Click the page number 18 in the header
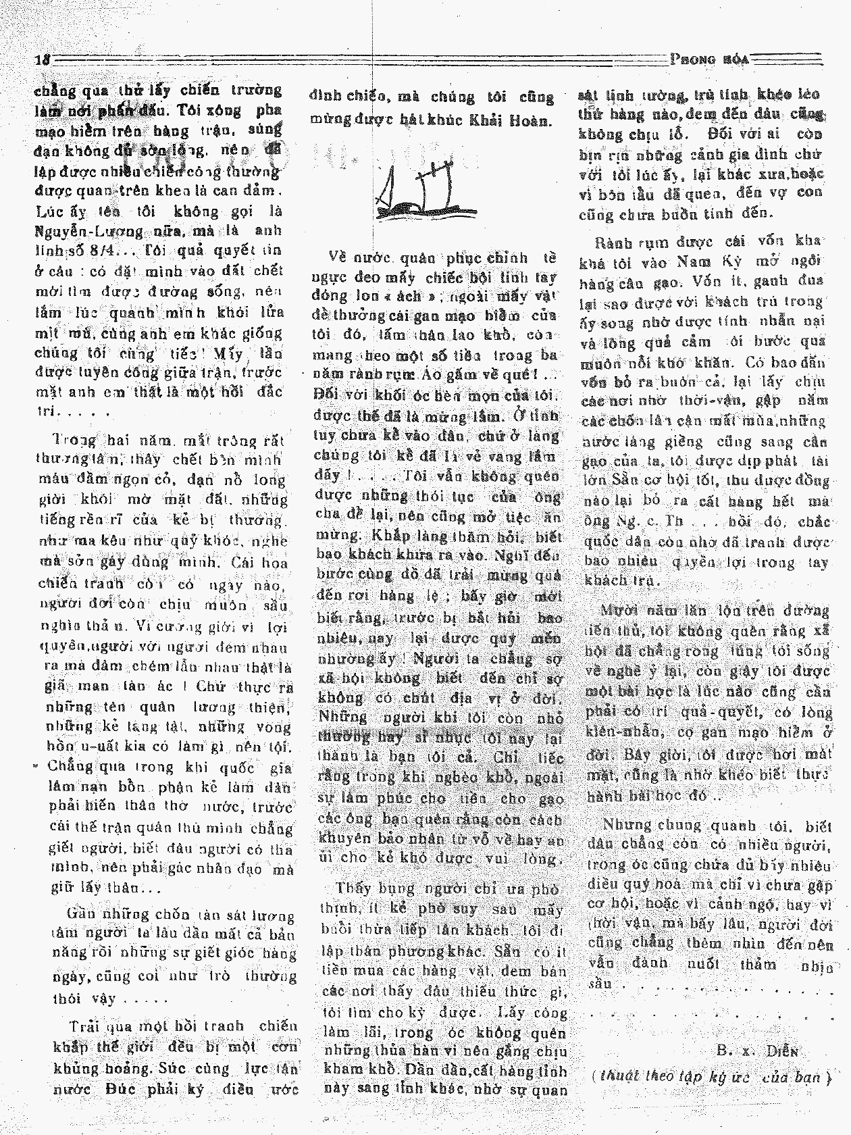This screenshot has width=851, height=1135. pos(43,59)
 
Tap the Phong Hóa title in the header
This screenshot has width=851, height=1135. pos(711,59)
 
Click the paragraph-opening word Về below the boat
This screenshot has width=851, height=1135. pos(342,257)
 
